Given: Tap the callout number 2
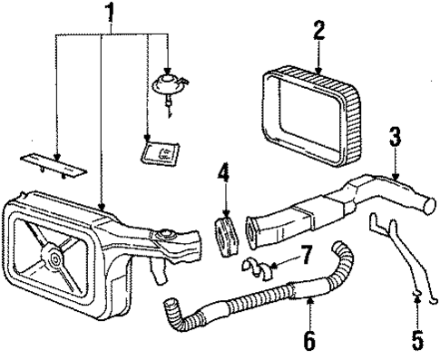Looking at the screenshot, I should [318, 30].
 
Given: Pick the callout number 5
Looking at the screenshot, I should [416, 343].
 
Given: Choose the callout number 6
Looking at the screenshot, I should [308, 343].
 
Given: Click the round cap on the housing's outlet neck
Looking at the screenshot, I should [166, 236].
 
